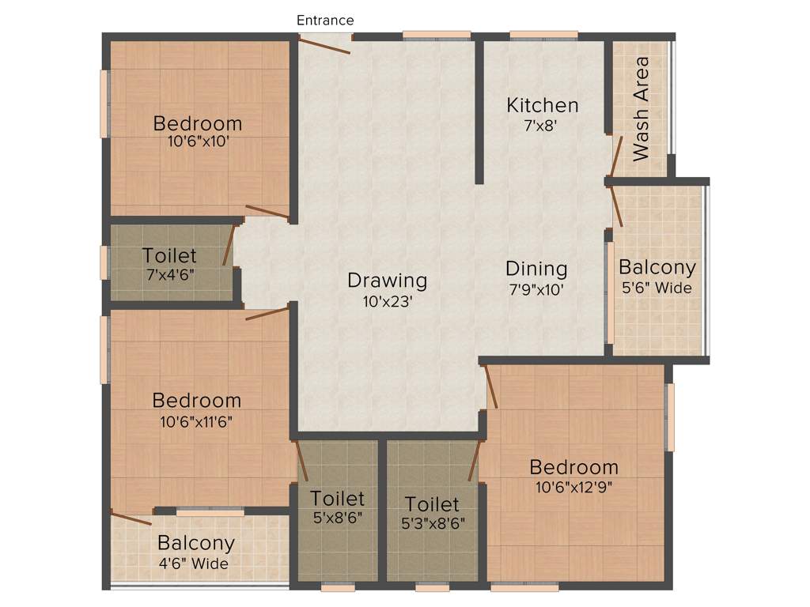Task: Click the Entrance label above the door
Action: coord(325,20)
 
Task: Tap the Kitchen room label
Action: coord(543,104)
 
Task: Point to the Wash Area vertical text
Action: coord(641,108)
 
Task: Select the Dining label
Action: coord(536,268)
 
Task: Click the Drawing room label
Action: coord(388,280)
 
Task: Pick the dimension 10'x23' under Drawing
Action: coord(388,300)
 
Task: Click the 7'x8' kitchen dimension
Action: coord(543,125)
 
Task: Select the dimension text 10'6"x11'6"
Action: coord(196,421)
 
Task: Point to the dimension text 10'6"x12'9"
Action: coord(574,487)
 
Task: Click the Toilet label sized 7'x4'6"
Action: coord(169,255)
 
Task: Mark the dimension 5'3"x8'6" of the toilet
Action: coord(432,522)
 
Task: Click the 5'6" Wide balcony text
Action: coord(657,288)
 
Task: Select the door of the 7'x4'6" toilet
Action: coord(228,246)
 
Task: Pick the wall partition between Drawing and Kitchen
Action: coord(479,111)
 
